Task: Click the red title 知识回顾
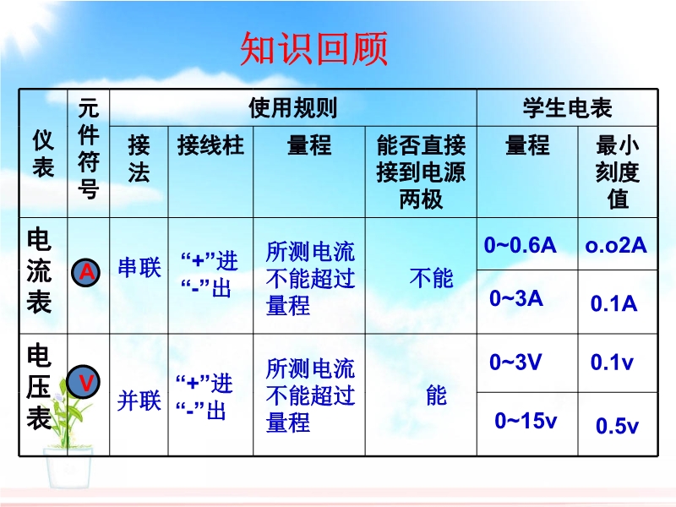pos(313,48)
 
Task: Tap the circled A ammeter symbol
pos(86,273)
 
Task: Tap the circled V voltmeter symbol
pos(84,382)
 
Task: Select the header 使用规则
pos(292,108)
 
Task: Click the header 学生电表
pos(567,108)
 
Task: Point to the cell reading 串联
pos(139,267)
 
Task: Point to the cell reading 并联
pos(139,401)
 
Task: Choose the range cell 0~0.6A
pos(520,245)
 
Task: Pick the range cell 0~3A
pos(516,298)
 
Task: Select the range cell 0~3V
pos(515,363)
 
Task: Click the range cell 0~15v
pos(526,421)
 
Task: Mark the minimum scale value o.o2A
pos(616,245)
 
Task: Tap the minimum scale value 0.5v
pos(617,426)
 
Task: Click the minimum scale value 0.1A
pos(614,303)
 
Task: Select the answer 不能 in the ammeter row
pos(432,278)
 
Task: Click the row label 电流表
pos(39,270)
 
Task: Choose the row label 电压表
pos(39,386)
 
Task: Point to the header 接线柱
pos(210,144)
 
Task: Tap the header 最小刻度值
pos(618,172)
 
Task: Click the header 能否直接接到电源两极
pos(421,172)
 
